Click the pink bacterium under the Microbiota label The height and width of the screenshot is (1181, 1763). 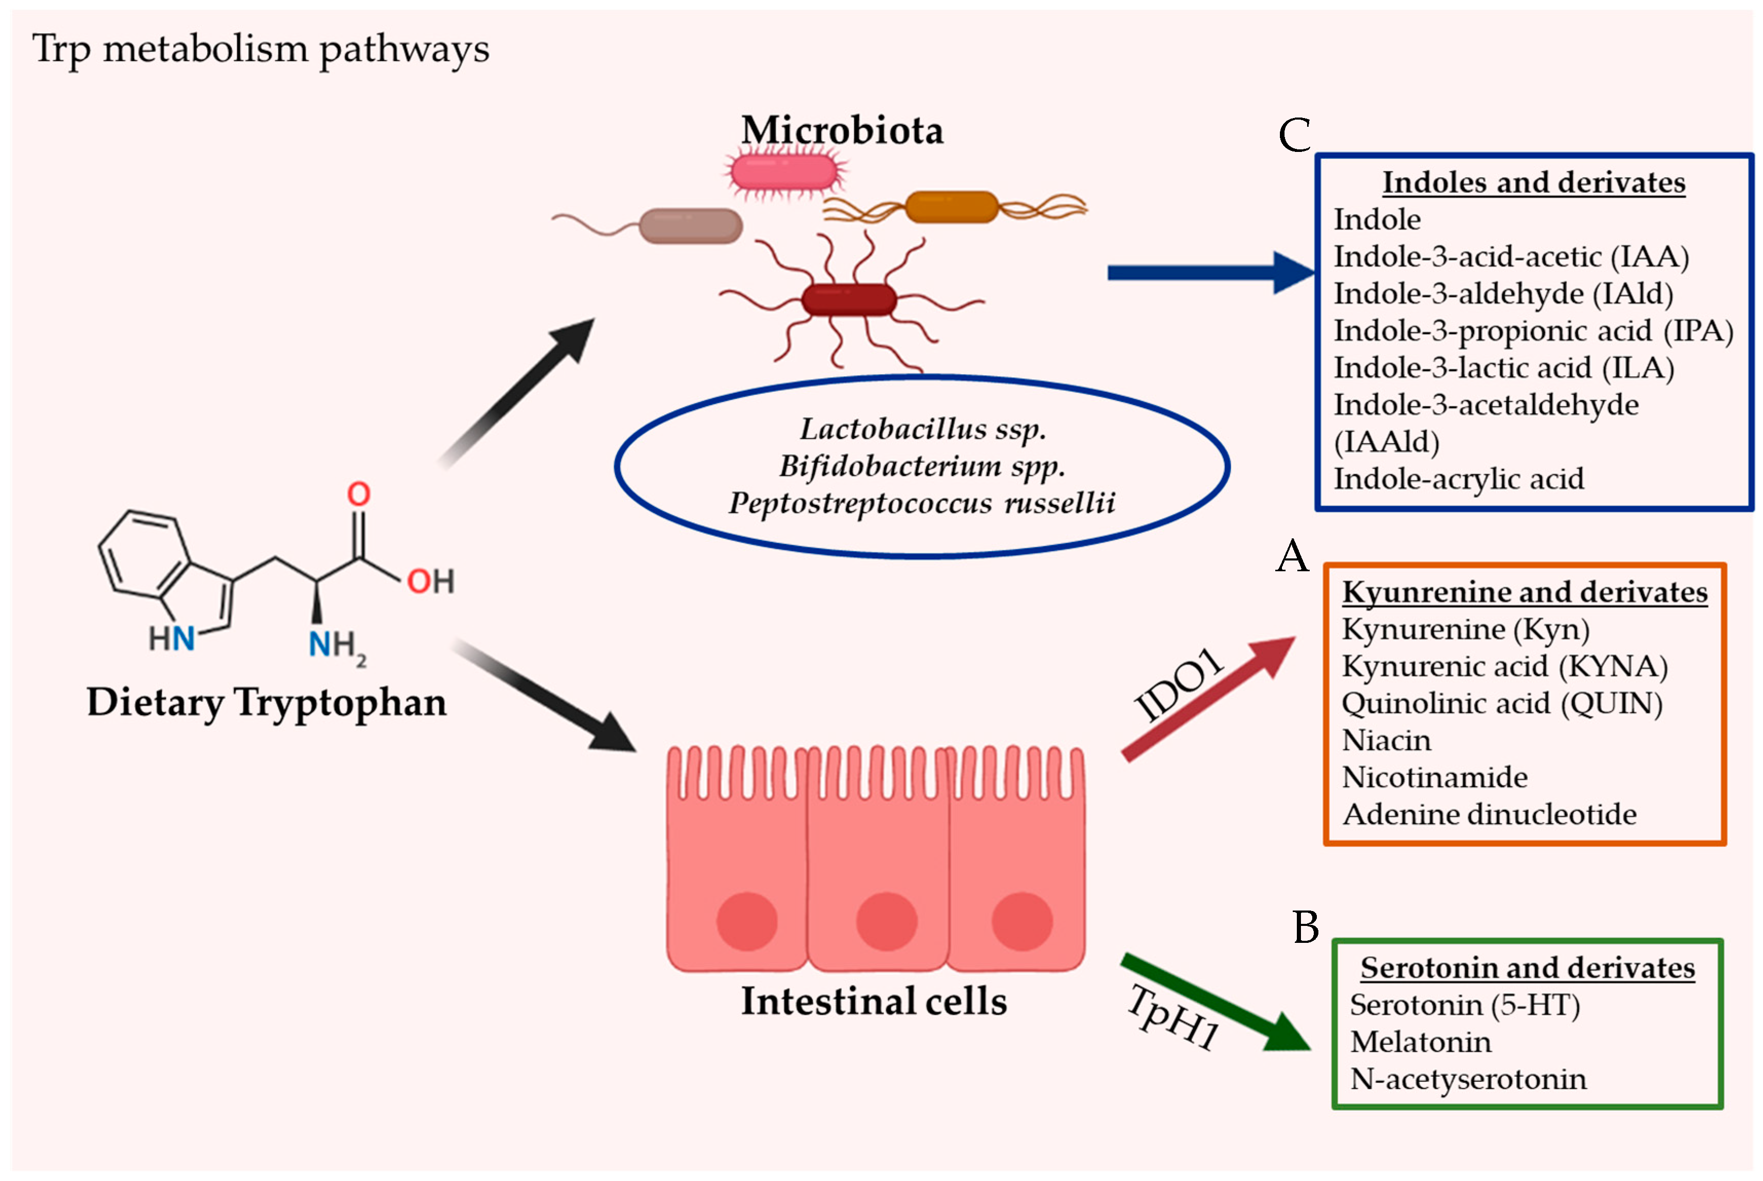tap(783, 172)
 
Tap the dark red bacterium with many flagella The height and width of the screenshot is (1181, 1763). tap(849, 300)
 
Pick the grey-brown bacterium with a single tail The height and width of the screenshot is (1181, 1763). tap(690, 226)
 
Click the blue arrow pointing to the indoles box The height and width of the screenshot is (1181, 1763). tap(1205, 273)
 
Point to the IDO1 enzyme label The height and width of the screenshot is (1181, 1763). tap(1179, 684)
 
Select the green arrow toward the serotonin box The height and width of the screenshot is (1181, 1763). tap(1213, 1002)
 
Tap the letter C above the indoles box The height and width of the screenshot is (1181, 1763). tap(1294, 135)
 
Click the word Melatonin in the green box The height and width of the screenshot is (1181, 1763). tap(1420, 1042)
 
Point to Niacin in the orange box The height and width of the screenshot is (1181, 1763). tap(1386, 741)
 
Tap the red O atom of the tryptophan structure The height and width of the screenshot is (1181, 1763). tap(359, 494)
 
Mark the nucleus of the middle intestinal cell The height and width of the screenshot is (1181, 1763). tap(886, 921)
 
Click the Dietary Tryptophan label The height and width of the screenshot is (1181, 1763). tap(267, 703)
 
